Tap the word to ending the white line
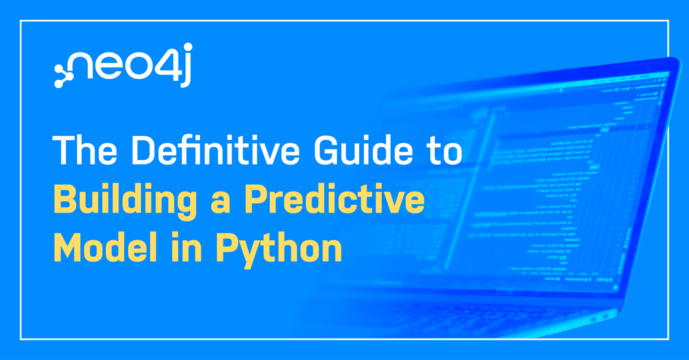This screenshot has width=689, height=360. click(x=442, y=150)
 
